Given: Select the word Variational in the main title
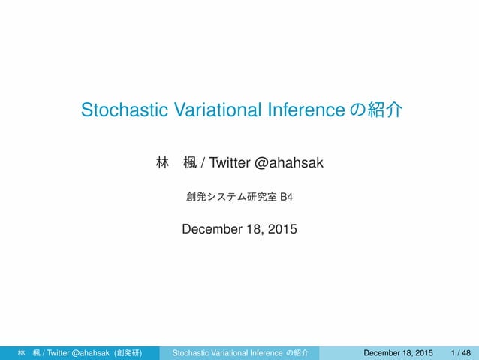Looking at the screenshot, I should (x=212, y=111).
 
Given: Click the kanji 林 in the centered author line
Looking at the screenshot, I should (x=160, y=161).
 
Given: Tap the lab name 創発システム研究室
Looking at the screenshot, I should (x=230, y=198).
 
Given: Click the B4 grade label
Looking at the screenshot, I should (x=286, y=198).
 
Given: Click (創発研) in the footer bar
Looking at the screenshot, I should (x=127, y=352).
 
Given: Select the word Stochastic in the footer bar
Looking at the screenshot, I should (x=191, y=352).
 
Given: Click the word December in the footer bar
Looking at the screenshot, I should (x=381, y=352).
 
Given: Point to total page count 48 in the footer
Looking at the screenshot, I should (x=466, y=352).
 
